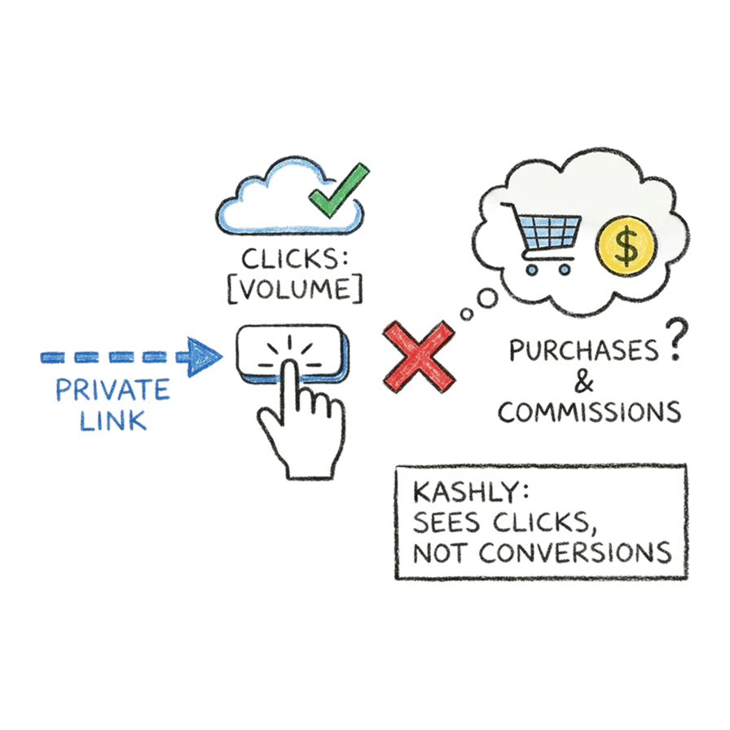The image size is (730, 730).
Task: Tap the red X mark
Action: click(419, 357)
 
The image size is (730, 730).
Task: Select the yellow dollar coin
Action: click(627, 247)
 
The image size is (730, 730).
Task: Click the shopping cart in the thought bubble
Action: click(543, 237)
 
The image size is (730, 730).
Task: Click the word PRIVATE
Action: click(112, 389)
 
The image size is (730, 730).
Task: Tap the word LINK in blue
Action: click(113, 421)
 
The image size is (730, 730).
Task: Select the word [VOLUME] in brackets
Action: click(295, 289)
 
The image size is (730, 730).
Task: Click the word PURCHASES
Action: click(584, 350)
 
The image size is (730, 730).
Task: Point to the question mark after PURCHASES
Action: click(675, 339)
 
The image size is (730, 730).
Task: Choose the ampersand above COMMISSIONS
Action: click(584, 383)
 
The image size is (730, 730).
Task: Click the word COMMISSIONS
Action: click(589, 412)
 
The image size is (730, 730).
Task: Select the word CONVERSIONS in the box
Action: click(575, 552)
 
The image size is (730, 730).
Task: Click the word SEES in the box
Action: click(446, 522)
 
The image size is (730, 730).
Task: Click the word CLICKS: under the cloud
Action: click(294, 258)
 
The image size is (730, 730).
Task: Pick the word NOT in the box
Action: click(439, 553)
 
